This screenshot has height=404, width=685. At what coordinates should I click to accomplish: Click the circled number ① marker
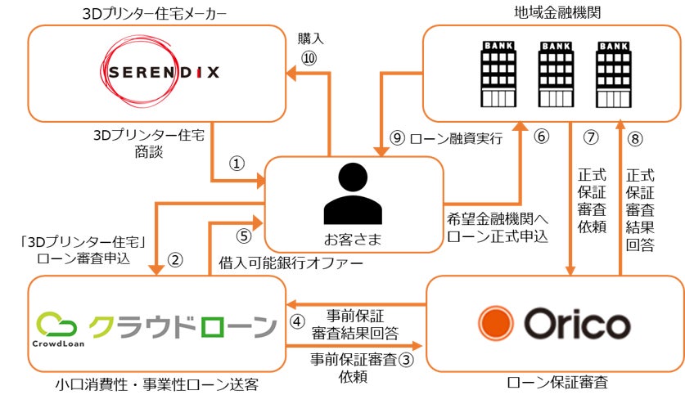click(x=237, y=163)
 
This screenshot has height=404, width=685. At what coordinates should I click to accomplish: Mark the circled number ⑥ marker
click(x=541, y=137)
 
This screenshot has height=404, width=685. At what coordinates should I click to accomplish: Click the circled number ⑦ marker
click(x=591, y=137)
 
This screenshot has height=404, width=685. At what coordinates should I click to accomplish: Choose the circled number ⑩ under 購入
click(x=309, y=57)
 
